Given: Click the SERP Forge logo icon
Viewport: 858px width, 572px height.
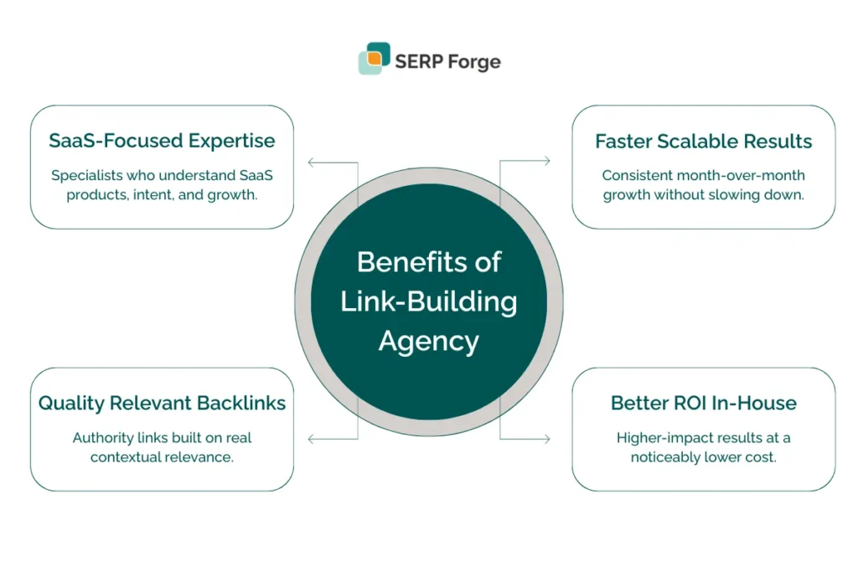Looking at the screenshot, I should [374, 59].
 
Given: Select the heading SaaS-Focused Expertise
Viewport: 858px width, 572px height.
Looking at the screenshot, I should [162, 141].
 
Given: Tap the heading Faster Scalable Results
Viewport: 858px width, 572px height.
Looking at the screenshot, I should [703, 141].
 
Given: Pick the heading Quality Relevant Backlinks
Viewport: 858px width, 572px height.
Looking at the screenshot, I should [162, 403].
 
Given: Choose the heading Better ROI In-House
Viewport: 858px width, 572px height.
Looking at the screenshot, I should [703, 403].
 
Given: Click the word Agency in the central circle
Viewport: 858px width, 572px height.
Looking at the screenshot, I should [429, 341].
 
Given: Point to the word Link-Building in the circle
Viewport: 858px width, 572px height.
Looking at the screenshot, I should [429, 301].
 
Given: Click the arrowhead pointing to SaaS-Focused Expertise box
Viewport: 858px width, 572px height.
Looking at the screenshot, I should [312, 162].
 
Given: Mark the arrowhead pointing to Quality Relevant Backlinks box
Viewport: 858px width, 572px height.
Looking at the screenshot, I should [312, 439].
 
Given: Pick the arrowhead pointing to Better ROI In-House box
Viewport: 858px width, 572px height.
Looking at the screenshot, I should [546, 439].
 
